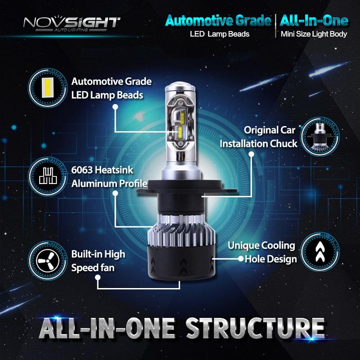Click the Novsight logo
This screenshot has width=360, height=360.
coord(72,24)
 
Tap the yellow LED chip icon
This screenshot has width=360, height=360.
coord(48,87)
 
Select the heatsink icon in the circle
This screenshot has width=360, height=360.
coord(48,176)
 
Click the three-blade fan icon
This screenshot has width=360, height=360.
coord(48,261)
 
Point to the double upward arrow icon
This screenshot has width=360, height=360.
coord(320,252)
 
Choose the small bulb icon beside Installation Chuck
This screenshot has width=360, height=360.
coord(319,136)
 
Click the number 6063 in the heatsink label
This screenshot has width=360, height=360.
coord(81,170)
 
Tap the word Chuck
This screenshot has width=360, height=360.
coord(283,144)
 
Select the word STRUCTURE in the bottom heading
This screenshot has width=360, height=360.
coord(255,328)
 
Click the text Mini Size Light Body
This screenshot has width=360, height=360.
coord(314,34)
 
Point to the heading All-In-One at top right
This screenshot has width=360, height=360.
coord(314,21)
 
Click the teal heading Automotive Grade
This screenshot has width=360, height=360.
coord(218,21)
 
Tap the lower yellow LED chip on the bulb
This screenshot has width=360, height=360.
coord(180,131)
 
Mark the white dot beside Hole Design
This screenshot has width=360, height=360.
coord(241,259)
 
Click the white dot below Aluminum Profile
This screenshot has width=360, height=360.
coord(115,193)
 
